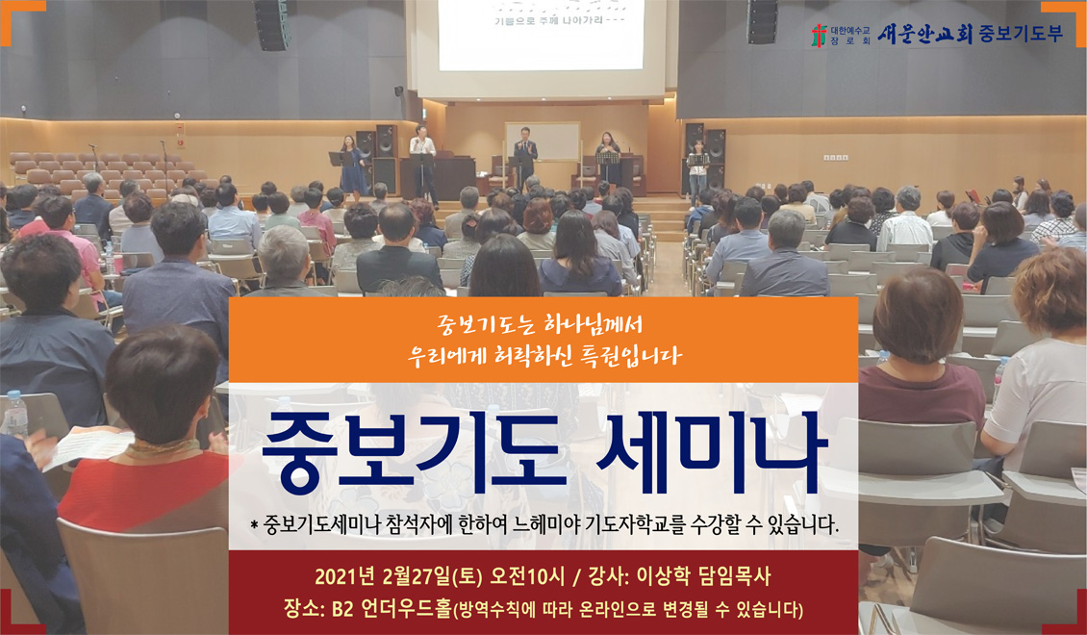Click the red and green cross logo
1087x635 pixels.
(x=821, y=36)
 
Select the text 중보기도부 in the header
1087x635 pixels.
(x=1022, y=35)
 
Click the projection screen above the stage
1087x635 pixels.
(x=541, y=35)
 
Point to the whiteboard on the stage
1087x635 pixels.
(x=543, y=141)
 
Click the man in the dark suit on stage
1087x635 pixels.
(x=525, y=156)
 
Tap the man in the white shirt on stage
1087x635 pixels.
(x=423, y=165)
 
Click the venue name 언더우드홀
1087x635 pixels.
(x=406, y=609)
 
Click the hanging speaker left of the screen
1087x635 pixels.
(x=271, y=24)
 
